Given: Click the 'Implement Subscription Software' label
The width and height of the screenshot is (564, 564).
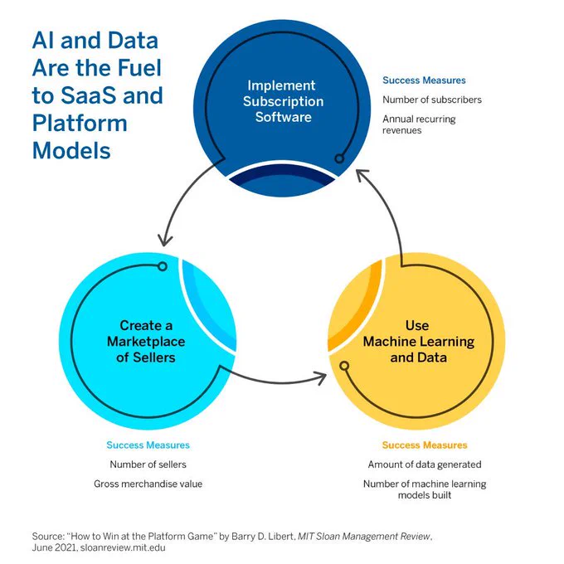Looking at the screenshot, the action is click(283, 101).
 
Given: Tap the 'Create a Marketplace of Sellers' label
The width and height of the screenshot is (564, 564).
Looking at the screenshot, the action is click(146, 342).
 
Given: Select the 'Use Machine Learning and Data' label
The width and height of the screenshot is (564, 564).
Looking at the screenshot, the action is click(418, 342).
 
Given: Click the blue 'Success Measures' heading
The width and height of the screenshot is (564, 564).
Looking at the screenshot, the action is click(424, 80).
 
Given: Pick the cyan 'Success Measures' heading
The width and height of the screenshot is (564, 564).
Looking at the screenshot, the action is click(148, 445).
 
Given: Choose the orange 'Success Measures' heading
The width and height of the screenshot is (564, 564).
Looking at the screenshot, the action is click(425, 445).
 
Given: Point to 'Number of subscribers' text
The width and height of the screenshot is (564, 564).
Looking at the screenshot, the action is click(432, 100).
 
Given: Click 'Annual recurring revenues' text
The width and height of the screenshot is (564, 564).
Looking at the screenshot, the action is click(419, 124).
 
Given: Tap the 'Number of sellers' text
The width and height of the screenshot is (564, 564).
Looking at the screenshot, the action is click(148, 464).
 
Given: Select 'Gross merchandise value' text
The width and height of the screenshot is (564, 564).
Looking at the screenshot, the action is click(148, 484).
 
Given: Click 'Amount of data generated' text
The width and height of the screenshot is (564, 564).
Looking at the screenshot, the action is click(425, 464).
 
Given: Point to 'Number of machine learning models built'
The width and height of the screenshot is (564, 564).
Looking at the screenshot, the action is click(425, 489).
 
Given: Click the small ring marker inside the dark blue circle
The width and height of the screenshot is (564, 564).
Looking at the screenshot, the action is click(339, 158).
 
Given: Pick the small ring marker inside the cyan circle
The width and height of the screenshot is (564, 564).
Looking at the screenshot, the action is click(163, 266).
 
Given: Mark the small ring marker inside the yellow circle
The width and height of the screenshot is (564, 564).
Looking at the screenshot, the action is click(344, 366).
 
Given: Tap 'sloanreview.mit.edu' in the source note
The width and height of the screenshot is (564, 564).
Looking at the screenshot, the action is click(123, 547).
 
